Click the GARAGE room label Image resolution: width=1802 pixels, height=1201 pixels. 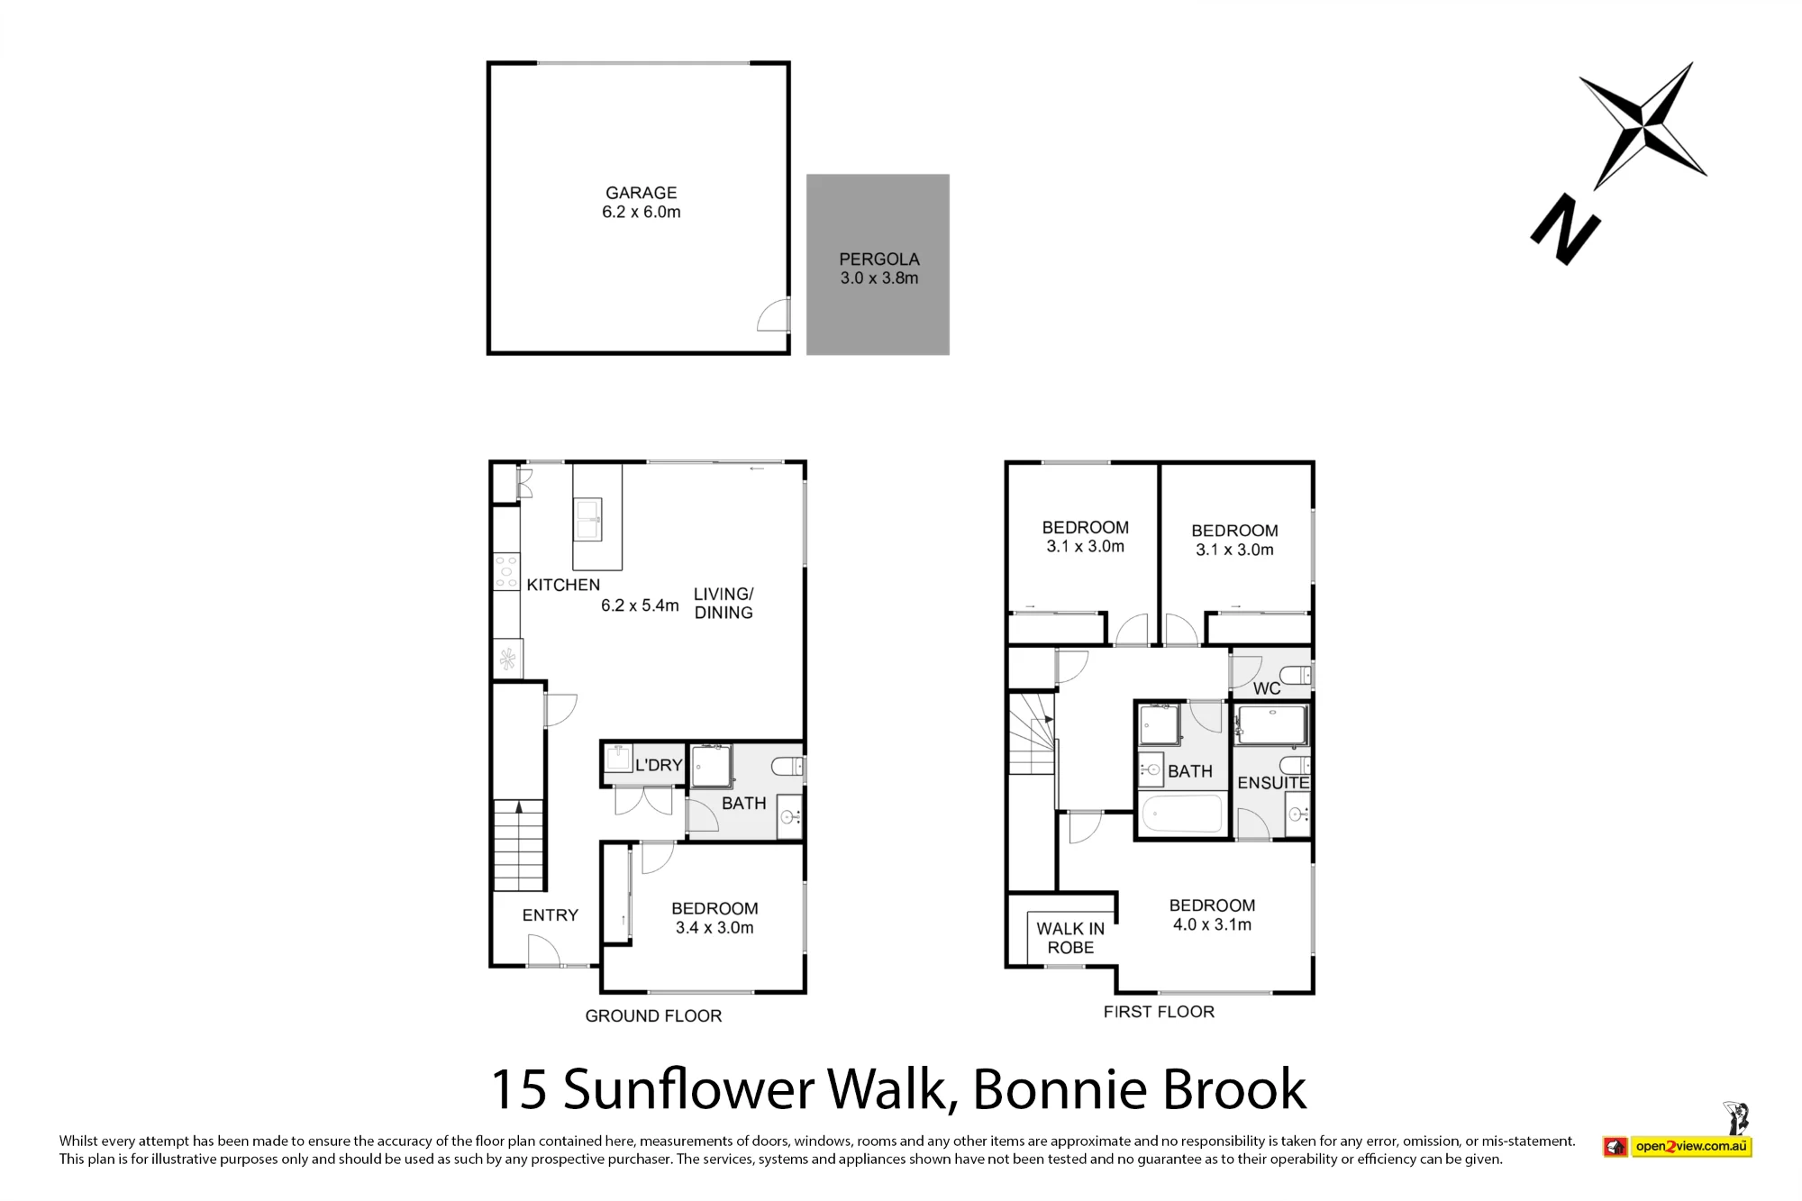(x=641, y=193)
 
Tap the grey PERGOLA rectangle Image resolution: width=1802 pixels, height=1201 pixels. (x=878, y=264)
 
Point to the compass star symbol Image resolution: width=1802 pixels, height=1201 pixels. (x=1643, y=125)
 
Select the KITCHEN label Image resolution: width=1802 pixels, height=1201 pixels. (x=563, y=585)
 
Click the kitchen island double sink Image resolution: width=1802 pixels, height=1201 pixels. (x=588, y=521)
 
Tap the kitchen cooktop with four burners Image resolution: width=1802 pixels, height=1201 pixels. (x=506, y=571)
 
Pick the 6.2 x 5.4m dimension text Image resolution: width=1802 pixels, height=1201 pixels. (x=640, y=605)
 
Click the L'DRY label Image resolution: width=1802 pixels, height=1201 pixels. (x=659, y=765)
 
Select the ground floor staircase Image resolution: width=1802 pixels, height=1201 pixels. (x=519, y=845)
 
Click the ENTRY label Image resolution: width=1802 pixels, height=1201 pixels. (x=550, y=915)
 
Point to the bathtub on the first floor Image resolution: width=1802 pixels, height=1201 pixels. (x=1182, y=814)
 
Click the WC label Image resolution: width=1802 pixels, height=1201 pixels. (x=1267, y=688)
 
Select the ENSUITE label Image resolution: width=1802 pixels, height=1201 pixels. (x=1273, y=783)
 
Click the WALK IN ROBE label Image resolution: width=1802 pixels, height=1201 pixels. (x=1070, y=938)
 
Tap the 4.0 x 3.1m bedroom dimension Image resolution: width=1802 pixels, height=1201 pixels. (x=1212, y=924)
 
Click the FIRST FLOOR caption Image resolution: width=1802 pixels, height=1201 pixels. (x=1159, y=1012)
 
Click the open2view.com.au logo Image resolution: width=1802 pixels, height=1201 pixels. (x=1678, y=1147)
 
